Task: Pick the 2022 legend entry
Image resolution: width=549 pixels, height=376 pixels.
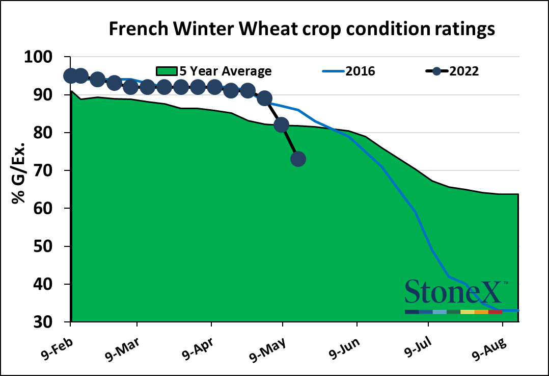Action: [463, 71]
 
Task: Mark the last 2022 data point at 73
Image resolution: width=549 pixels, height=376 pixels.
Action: [298, 159]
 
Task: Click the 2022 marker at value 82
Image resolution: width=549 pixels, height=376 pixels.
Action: [281, 125]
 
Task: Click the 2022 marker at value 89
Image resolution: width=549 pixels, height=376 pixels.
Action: [264, 98]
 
